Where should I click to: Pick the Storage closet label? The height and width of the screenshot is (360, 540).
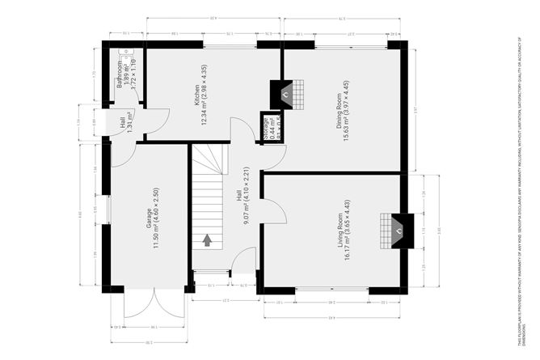(268, 129)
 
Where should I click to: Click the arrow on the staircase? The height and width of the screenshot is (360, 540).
(208, 239)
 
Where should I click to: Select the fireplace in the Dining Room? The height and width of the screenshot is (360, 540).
(284, 95)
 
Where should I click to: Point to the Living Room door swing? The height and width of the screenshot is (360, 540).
(275, 212)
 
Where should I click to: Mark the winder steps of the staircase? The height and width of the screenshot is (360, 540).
(211, 162)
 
